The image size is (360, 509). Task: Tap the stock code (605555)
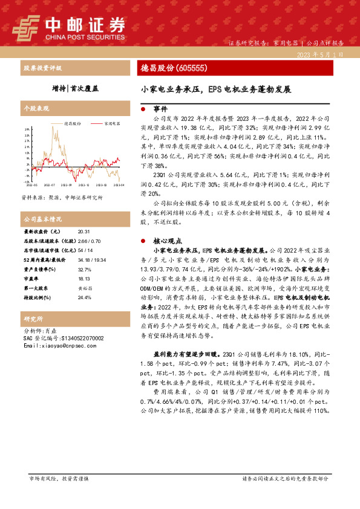pyautogui.click(x=191, y=68)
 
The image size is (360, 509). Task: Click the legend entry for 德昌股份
pyautogui.click(x=73, y=123)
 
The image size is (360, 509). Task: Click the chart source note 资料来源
pyautogui.click(x=61, y=198)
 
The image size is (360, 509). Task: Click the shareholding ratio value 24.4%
pyautogui.click(x=85, y=297)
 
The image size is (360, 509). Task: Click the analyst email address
pyautogui.click(x=58, y=346)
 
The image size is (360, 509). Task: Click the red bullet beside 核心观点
pyautogui.click(x=142, y=239)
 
